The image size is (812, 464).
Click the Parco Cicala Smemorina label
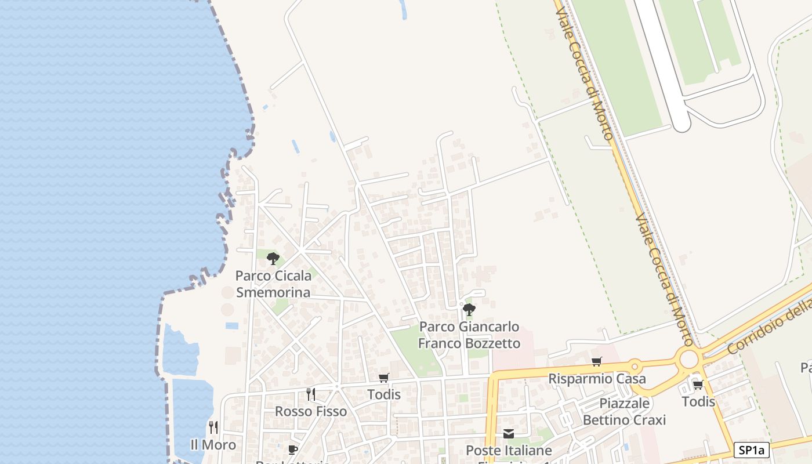273,284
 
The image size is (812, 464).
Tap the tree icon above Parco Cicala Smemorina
273,259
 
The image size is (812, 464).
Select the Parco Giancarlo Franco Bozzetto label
469,335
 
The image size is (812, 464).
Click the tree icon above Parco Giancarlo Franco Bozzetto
469,310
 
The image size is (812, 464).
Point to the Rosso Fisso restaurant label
310,411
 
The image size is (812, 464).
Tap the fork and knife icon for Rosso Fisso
310,394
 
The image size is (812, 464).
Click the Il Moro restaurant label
213,445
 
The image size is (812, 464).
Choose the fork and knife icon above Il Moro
213,427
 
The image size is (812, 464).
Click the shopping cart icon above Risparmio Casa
596,362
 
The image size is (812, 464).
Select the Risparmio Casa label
597,379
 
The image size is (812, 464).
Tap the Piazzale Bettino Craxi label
624,411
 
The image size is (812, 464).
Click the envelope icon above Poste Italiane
508,434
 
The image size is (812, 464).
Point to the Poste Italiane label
508,450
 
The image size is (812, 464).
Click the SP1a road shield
751,450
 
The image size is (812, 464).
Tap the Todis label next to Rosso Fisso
383,394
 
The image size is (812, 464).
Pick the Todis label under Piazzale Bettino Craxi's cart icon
698,401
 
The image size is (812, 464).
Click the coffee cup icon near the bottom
292,449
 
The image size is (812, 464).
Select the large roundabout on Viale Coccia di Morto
688,360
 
